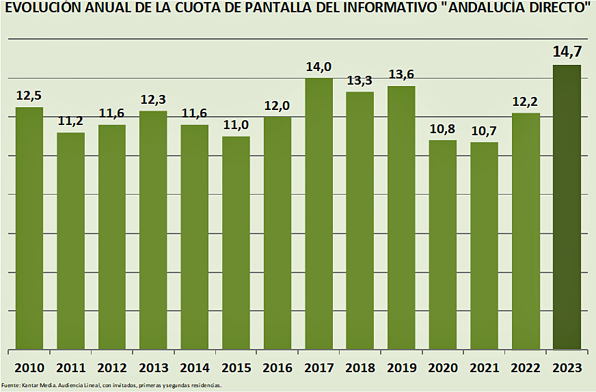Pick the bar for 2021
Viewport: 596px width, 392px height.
pyautogui.click(x=484, y=245)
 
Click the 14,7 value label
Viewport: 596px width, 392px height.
pyautogui.click(x=567, y=52)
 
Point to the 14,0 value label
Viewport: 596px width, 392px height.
pyautogui.click(x=319, y=66)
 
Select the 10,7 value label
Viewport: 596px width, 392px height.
pyautogui.click(x=484, y=130)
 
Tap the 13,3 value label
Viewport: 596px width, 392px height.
pyautogui.click(x=360, y=80)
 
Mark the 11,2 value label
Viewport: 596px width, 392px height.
pyautogui.click(x=70, y=121)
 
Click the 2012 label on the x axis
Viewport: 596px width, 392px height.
pyautogui.click(x=112, y=367)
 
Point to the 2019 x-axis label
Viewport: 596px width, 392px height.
pyautogui.click(x=401, y=367)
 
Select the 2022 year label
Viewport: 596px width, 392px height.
pyautogui.click(x=526, y=367)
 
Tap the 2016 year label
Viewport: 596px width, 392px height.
pyautogui.click(x=277, y=367)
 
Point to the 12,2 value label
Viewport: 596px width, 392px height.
pyautogui.click(x=526, y=101)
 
